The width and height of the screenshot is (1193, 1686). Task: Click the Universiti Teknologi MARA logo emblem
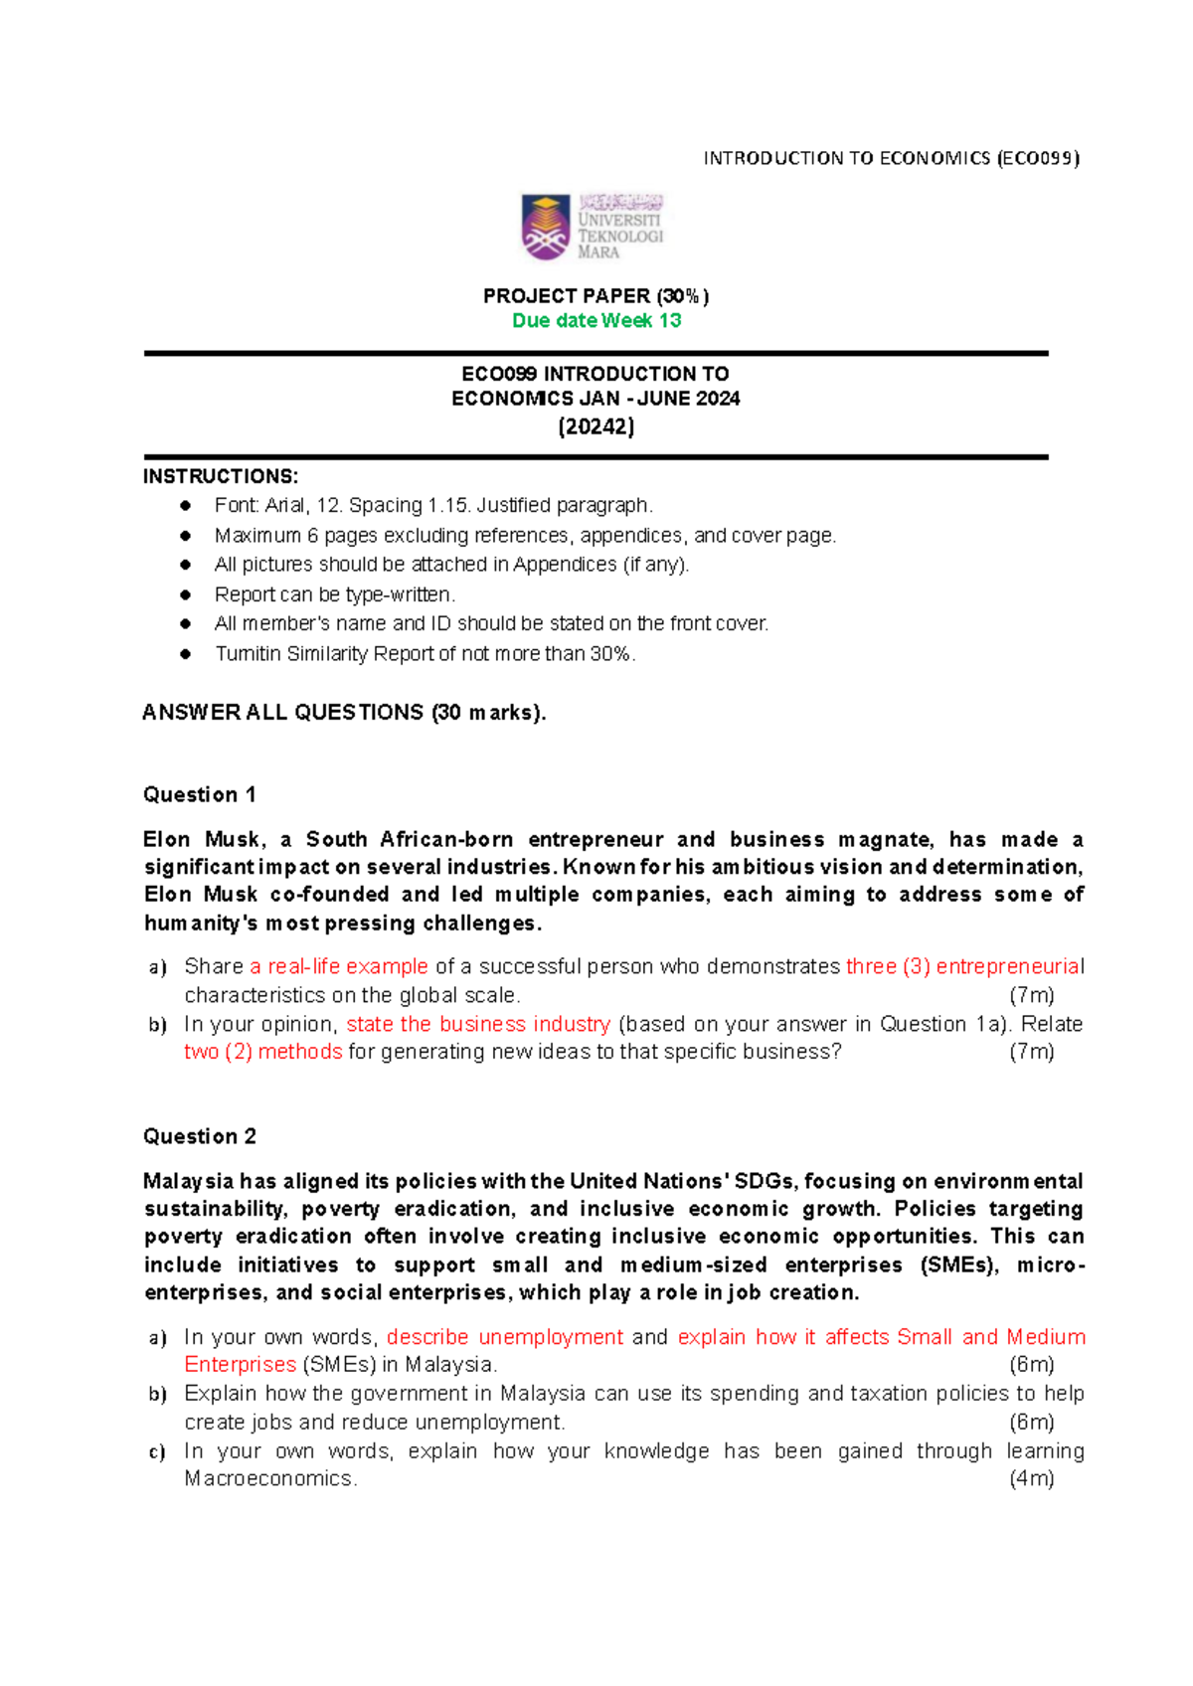tap(546, 227)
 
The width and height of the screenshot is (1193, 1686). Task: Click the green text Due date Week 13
tap(596, 321)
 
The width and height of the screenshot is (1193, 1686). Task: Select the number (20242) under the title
tap(596, 426)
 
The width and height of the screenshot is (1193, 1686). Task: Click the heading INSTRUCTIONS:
tap(221, 476)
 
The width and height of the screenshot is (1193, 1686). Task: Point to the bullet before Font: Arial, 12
tap(185, 505)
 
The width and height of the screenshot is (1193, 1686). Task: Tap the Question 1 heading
tap(200, 795)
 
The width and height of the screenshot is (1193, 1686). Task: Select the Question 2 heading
tap(200, 1136)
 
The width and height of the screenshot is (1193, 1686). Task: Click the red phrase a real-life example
tap(339, 966)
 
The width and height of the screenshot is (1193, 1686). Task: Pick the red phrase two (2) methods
tap(263, 1052)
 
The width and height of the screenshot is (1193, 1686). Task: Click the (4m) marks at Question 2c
tap(1031, 1478)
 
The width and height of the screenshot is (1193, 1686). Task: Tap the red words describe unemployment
tap(505, 1337)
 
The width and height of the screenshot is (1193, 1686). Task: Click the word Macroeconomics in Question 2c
tap(269, 1478)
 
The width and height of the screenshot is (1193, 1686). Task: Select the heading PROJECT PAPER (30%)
tap(596, 296)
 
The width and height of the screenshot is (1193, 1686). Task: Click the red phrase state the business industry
tap(478, 1024)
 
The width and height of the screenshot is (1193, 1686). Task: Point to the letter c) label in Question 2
tap(157, 1451)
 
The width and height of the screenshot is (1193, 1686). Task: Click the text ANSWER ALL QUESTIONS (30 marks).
tap(344, 713)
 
